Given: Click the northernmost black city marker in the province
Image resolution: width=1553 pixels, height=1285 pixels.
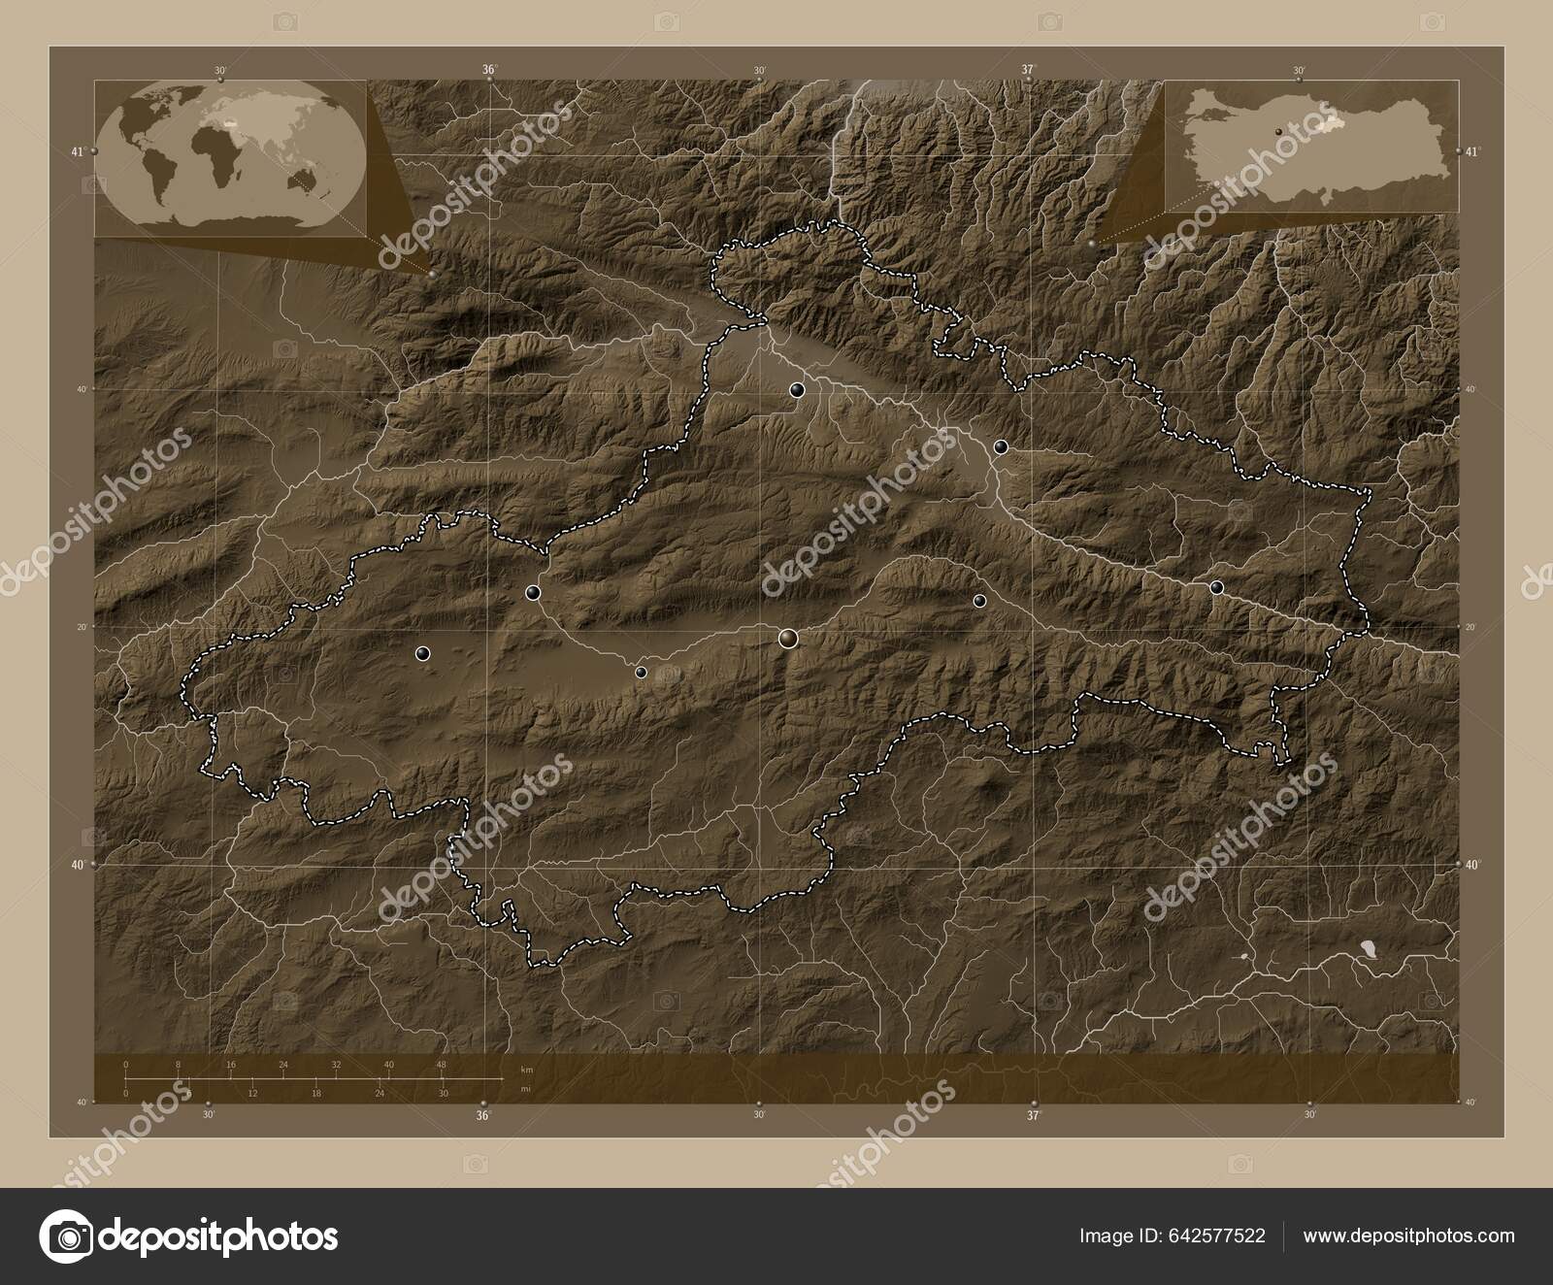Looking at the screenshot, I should click(x=797, y=390).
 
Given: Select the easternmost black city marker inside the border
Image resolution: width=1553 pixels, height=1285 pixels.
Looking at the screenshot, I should click(x=1216, y=587).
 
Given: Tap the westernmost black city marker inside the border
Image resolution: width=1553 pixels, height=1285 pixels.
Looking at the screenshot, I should click(x=422, y=653).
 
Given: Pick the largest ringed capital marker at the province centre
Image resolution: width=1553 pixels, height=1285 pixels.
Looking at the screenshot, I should click(x=787, y=638).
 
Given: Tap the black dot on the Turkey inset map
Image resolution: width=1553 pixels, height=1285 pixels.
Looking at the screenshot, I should click(x=1279, y=127).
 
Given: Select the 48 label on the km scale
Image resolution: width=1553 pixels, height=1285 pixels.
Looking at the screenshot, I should click(x=442, y=1065).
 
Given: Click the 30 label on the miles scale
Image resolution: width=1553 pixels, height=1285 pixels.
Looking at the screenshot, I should click(x=442, y=1094).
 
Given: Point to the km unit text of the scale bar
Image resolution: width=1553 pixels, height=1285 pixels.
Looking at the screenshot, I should click(x=527, y=1069).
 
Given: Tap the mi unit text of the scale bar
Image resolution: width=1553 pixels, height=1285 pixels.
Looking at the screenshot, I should click(x=525, y=1089).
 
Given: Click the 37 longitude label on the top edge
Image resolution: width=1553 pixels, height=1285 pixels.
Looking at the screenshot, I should click(x=1028, y=69).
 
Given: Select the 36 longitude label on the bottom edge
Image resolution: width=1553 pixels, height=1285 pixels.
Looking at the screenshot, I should click(x=482, y=1115).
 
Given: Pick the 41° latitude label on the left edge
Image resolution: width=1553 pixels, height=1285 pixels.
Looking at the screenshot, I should click(x=77, y=151).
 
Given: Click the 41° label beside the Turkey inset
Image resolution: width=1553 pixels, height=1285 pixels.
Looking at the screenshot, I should click(x=1473, y=151).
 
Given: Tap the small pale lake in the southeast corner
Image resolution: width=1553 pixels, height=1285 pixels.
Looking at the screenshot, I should click(x=1369, y=945).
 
